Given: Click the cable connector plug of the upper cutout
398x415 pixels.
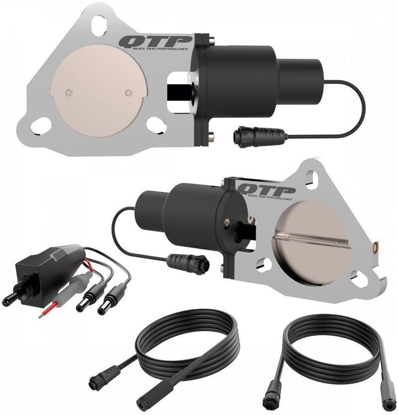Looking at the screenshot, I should point(250,134).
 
